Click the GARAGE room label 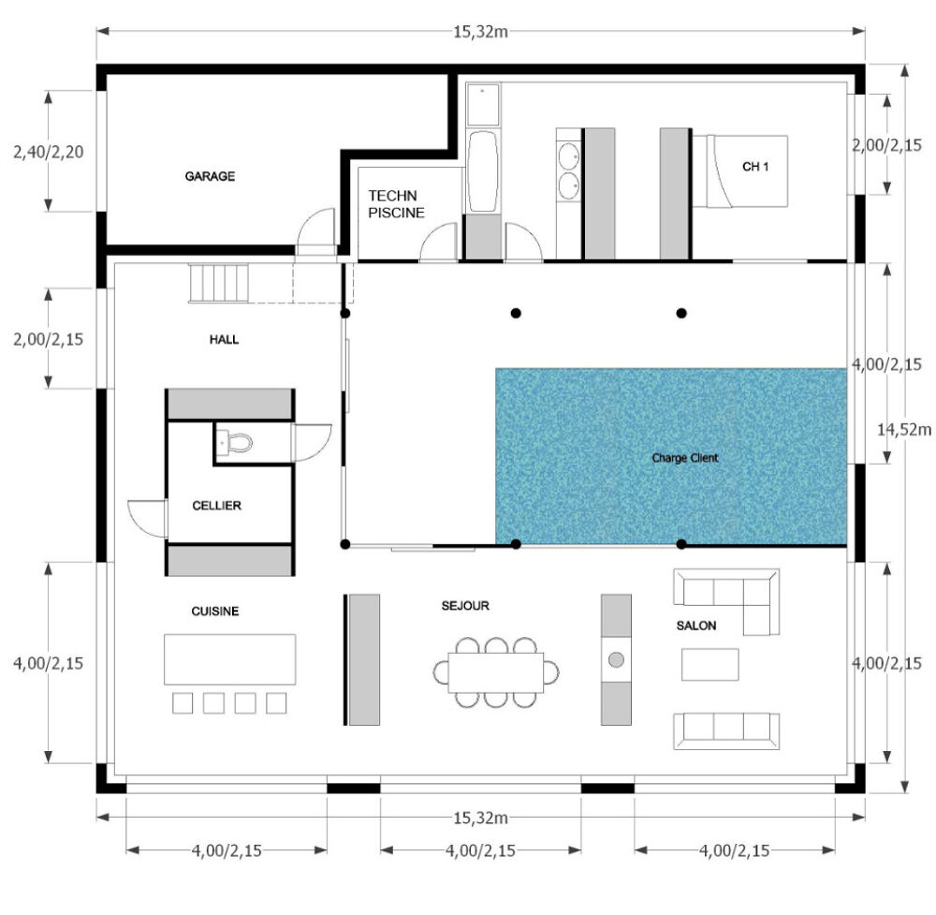click(x=210, y=176)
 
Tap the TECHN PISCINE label click(x=396, y=204)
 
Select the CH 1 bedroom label click(x=755, y=167)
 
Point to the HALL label click(x=224, y=340)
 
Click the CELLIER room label click(x=217, y=506)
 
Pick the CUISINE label click(x=215, y=611)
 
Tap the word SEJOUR click(x=465, y=606)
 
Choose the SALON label click(x=696, y=626)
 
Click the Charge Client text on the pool click(x=685, y=458)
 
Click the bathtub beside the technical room click(x=482, y=171)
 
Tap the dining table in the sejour click(x=495, y=672)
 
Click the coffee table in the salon click(x=709, y=664)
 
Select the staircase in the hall click(x=219, y=284)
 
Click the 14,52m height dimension click(x=904, y=430)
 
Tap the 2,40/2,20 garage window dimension click(x=49, y=152)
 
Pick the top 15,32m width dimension click(x=480, y=32)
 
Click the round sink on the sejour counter click(x=616, y=660)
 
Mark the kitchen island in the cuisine click(x=230, y=659)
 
